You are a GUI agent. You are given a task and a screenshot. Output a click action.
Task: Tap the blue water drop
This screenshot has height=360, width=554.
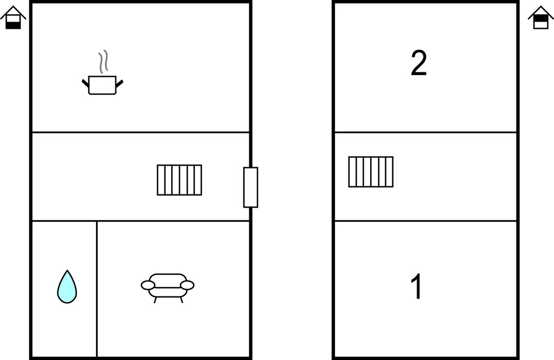[67, 287]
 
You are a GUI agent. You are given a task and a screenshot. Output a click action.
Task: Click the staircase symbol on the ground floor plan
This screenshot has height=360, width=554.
[179, 180]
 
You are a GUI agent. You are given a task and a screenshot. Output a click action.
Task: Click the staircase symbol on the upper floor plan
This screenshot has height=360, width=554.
[371, 172]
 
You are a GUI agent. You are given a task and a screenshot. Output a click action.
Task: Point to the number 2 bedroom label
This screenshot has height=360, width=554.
[419, 63]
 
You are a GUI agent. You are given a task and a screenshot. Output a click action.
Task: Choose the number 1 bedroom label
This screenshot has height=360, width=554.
[417, 286]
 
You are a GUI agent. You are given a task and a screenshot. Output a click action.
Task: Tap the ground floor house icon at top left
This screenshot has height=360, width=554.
[13, 18]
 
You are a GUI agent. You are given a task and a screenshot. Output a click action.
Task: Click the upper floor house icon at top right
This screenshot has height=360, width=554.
[541, 18]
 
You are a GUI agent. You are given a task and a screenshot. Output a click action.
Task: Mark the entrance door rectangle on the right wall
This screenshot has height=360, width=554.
[251, 187]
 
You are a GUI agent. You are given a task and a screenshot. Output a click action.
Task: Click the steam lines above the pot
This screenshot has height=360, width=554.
[103, 62]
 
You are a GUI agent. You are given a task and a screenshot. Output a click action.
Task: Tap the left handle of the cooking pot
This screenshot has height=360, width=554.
[86, 84]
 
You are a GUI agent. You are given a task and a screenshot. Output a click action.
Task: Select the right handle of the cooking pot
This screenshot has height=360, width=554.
[119, 84]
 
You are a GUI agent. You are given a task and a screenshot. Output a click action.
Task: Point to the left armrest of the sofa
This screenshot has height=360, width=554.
[148, 285]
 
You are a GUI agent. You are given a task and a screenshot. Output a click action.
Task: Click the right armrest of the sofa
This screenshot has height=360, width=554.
[187, 285]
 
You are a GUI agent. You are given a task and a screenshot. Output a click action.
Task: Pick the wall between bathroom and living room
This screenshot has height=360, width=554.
[97, 289]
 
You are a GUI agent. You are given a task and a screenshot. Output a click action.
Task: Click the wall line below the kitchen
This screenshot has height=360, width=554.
[141, 133]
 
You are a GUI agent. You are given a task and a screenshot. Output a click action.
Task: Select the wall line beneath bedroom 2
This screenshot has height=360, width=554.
[426, 133]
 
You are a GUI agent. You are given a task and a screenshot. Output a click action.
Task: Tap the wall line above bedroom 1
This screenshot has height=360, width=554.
[426, 221]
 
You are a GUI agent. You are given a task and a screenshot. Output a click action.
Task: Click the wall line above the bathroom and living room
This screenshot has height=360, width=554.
[141, 221]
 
